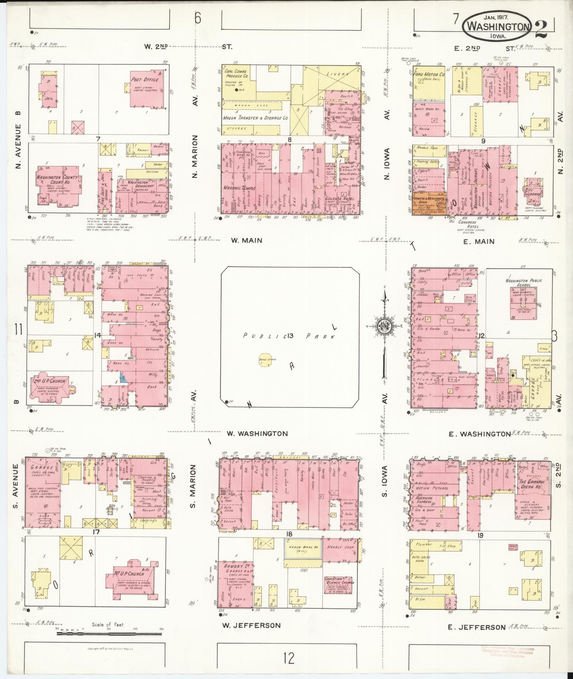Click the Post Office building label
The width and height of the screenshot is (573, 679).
click(x=145, y=80)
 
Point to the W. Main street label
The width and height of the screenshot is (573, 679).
click(x=247, y=241)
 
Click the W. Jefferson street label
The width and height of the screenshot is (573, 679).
click(x=251, y=625)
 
